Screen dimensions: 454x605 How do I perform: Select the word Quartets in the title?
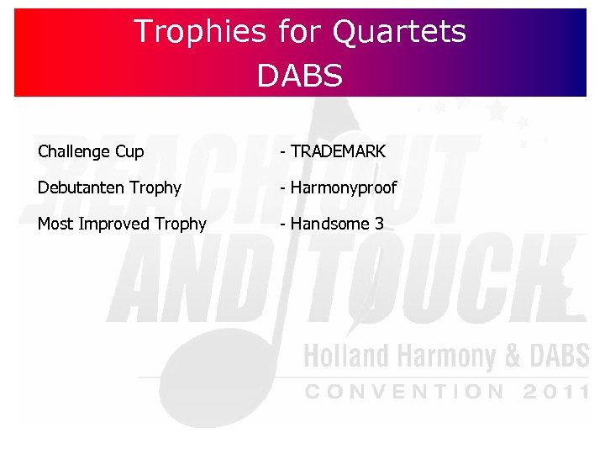[399, 33]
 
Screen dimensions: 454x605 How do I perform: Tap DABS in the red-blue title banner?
[300, 76]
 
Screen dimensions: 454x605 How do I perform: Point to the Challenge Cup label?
[91, 152]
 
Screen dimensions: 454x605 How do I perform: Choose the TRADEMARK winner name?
[338, 152]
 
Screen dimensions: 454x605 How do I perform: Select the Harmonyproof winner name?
[343, 187]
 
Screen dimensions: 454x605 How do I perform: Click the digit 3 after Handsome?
[379, 224]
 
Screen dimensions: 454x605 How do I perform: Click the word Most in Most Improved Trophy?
[54, 224]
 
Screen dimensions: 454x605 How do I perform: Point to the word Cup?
[129, 152]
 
